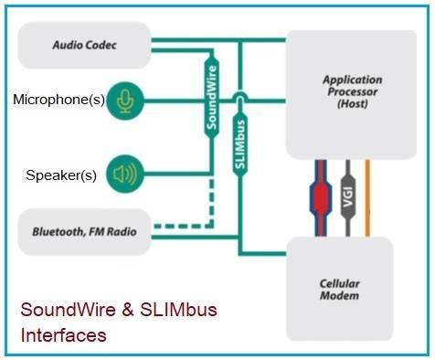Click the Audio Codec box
[x=83, y=44]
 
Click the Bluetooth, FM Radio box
[x=83, y=232]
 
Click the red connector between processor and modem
[x=320, y=197]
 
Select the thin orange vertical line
[x=368, y=197]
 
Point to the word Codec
[x=106, y=44]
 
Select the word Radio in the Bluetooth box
[x=119, y=232]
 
